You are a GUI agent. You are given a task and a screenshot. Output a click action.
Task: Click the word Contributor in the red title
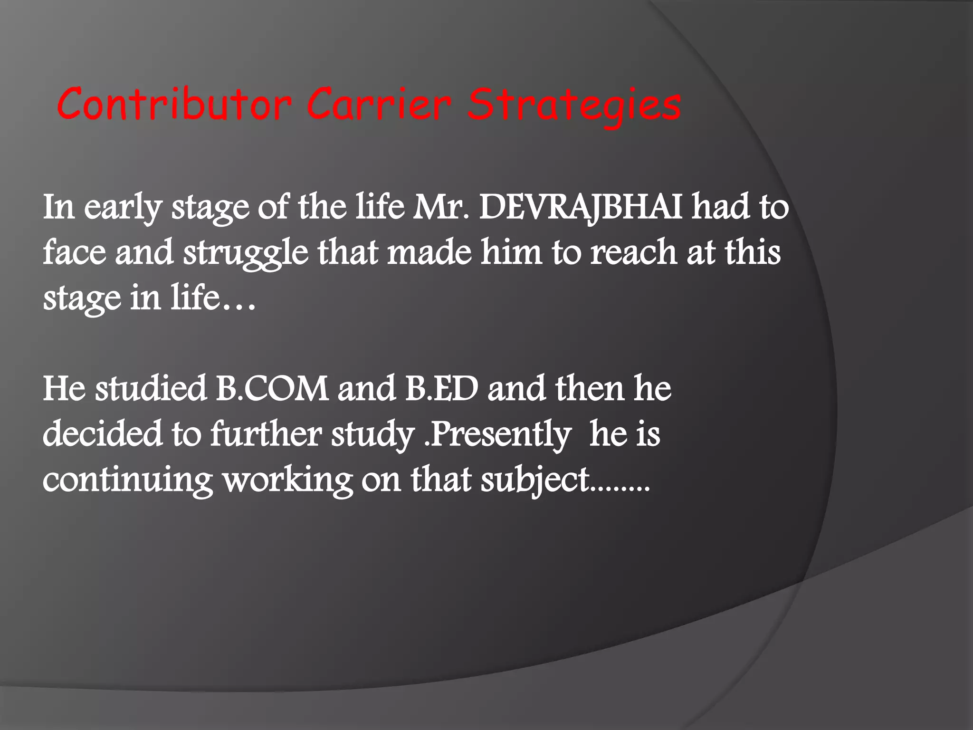pyautogui.click(x=174, y=104)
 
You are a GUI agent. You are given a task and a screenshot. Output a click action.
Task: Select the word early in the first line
pyautogui.click(x=123, y=208)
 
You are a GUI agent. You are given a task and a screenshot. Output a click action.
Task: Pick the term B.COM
pyautogui.click(x=272, y=389)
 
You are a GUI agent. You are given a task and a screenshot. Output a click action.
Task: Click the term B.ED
pyautogui.click(x=441, y=389)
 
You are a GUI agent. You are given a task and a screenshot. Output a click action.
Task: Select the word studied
pyautogui.click(x=151, y=389)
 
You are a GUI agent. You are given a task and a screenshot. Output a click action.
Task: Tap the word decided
pyautogui.click(x=103, y=433)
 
